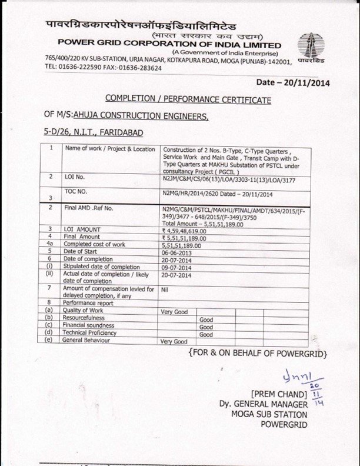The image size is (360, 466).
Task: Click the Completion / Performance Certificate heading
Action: tap(188, 99)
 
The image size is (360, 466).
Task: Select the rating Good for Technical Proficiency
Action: tap(205, 334)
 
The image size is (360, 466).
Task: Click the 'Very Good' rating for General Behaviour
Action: tap(174, 341)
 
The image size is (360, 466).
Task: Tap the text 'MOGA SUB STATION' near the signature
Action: tap(272, 415)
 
